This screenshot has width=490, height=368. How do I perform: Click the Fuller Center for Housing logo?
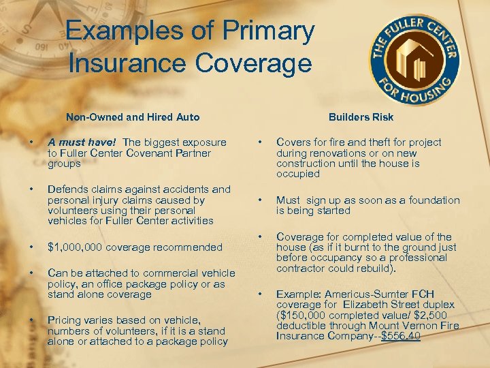[x=414, y=59]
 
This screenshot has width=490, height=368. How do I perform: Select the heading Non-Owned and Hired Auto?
[x=133, y=117]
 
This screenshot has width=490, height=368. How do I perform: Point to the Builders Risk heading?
[x=361, y=117]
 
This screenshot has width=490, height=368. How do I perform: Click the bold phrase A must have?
[x=82, y=142]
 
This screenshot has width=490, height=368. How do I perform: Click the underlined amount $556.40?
[x=401, y=337]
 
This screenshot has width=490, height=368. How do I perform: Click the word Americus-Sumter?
[x=354, y=294]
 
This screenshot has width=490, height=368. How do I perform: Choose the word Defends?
[x=66, y=189]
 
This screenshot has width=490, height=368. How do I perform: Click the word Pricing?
[x=65, y=320]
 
